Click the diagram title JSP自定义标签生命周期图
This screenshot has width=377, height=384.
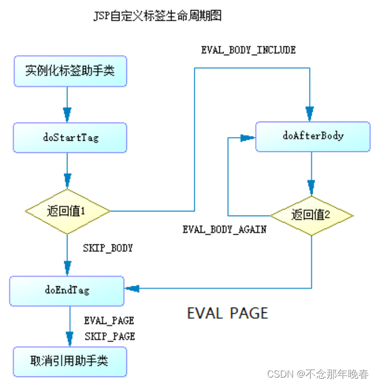click(x=157, y=16)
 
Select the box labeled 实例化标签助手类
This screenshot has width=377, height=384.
click(x=70, y=71)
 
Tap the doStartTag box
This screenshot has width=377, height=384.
click(x=70, y=138)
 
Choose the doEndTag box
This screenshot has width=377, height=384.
click(x=67, y=290)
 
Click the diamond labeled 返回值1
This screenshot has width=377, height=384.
click(x=67, y=211)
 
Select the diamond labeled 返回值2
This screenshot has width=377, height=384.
click(x=312, y=215)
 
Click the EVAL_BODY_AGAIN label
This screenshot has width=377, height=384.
click(x=224, y=230)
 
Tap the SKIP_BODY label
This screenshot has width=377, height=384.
click(x=108, y=248)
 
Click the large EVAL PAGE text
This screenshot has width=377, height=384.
click(x=227, y=313)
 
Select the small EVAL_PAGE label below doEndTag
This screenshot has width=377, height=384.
click(x=109, y=321)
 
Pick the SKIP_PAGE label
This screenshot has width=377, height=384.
click(x=109, y=336)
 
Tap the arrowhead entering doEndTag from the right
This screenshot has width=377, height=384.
click(x=132, y=288)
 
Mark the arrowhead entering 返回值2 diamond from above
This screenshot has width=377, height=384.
click(x=311, y=186)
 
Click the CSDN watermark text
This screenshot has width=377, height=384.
click(x=318, y=374)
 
